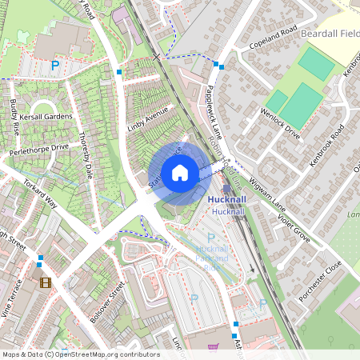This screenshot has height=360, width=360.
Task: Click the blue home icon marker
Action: tap(180, 173)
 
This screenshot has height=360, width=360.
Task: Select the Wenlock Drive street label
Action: tap(281, 120)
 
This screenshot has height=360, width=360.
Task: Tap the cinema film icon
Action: tap(46, 282)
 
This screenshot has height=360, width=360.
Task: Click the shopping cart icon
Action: tap(213, 348)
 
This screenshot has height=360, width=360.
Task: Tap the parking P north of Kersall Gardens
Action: tap(55, 66)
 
